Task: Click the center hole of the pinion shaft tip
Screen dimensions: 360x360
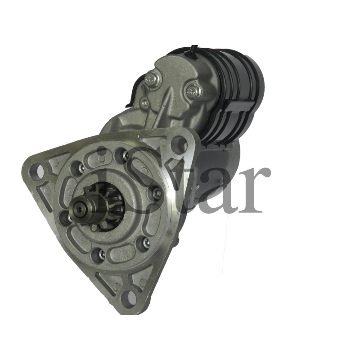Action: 80,209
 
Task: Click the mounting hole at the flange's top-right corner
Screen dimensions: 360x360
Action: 179,143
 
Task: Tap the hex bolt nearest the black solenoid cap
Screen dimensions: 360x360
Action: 193,90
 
